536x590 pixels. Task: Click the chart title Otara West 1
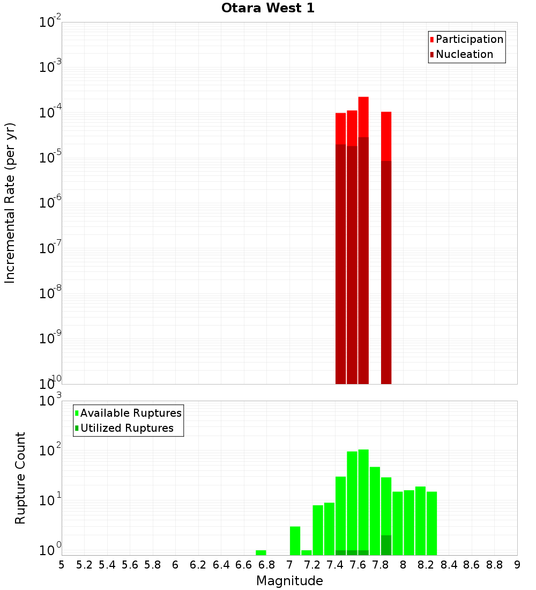tap(267, 8)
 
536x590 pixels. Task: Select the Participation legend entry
tap(469, 39)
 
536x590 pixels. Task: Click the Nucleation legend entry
tap(464, 54)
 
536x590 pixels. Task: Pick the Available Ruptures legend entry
tap(131, 413)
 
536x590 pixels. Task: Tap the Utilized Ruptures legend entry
tap(126, 428)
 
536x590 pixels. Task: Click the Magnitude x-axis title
tap(289, 581)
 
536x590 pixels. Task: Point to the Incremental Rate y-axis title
tap(10, 203)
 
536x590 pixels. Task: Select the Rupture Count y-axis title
tap(20, 478)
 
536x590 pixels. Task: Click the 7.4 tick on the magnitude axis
tap(335, 565)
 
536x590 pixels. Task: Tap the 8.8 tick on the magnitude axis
tap(494, 565)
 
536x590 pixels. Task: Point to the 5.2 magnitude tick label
tap(85, 565)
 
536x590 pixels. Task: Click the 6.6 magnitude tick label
tap(244, 565)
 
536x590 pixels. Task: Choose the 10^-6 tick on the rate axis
tap(50, 203)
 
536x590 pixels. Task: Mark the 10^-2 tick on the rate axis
tap(50, 23)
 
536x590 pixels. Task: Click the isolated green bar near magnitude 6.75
tap(261, 552)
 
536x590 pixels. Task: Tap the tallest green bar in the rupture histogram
tap(363, 499)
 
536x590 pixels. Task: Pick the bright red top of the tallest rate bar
tap(363, 117)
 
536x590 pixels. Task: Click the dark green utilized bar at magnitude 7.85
tap(386, 545)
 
